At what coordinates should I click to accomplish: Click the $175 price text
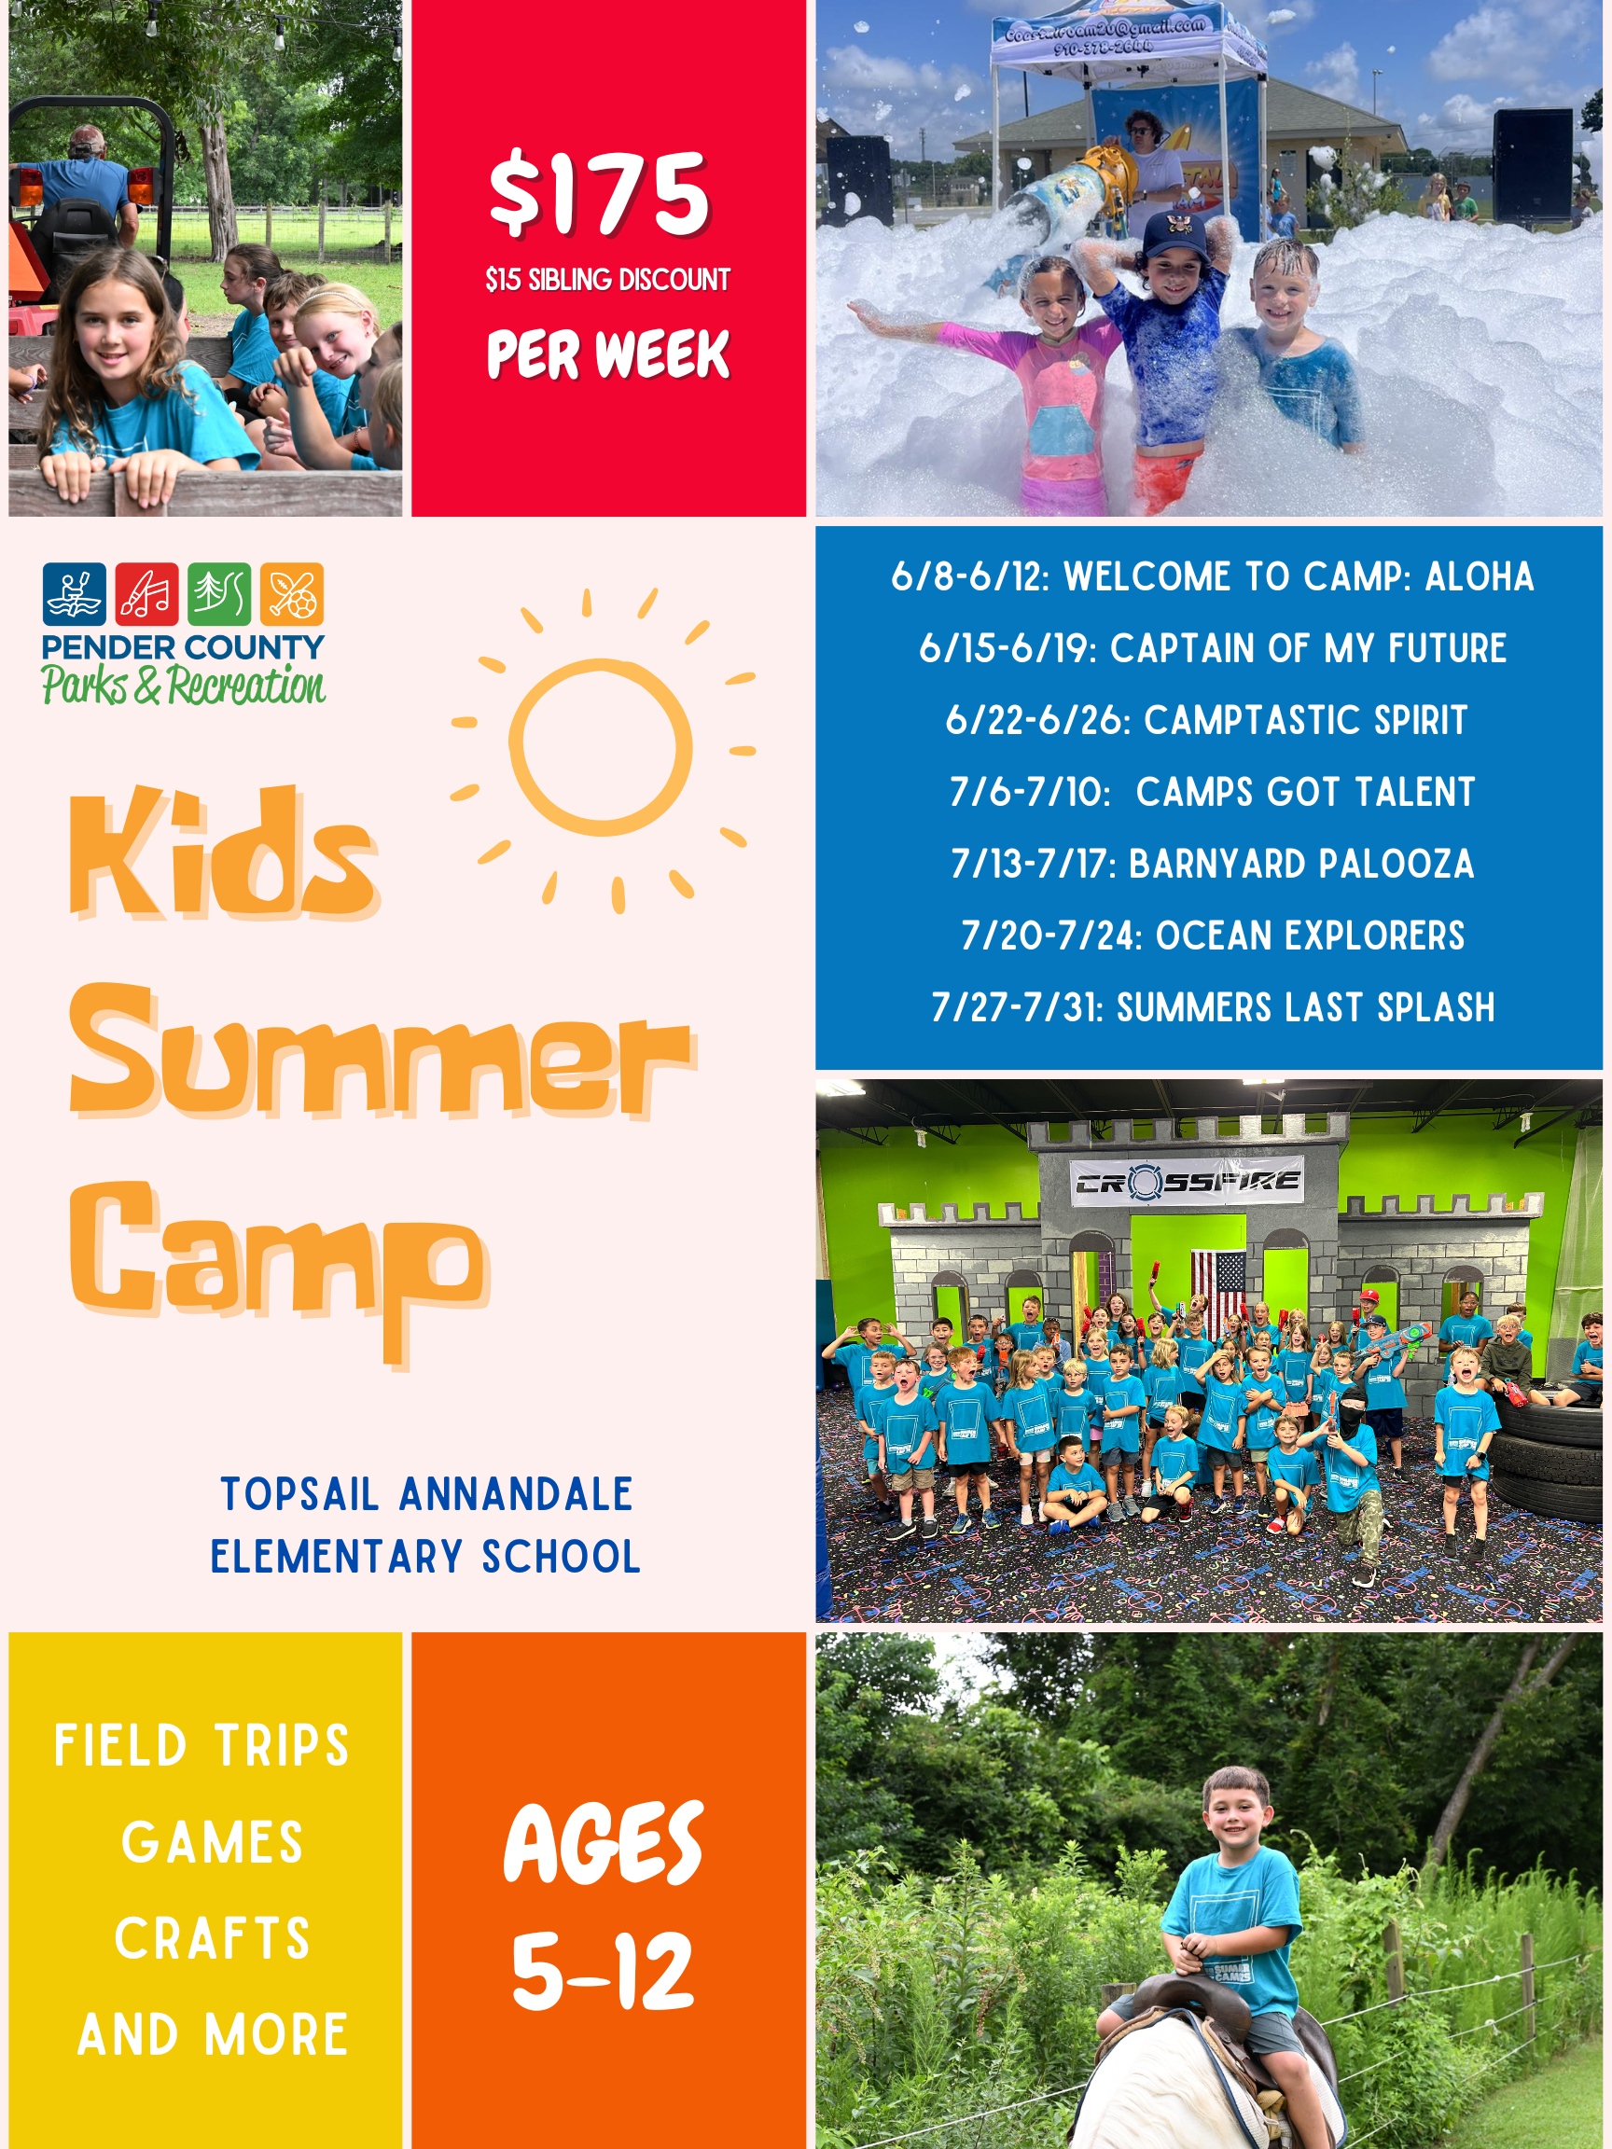tap(600, 194)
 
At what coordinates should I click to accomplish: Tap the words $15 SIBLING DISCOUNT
tap(607, 280)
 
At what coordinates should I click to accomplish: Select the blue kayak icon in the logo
tap(74, 593)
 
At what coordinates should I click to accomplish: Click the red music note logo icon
tap(146, 593)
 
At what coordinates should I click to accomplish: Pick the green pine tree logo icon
tap(219, 593)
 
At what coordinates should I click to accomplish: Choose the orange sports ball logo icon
tap(291, 593)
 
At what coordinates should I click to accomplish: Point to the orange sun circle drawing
tap(601, 747)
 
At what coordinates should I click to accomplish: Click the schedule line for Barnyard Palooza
tap(1212, 864)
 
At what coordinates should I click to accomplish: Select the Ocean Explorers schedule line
tap(1212, 936)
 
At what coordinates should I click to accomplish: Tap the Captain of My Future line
tap(1212, 648)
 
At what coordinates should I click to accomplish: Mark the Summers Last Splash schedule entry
tap(1212, 1007)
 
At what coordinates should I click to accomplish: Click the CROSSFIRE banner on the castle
tap(1187, 1183)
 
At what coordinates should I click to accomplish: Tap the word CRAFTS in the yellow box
tap(212, 1938)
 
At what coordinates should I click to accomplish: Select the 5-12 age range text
tap(603, 1972)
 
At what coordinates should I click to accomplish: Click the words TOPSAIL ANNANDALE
tap(426, 1494)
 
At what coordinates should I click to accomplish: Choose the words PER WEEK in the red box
tap(607, 354)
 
